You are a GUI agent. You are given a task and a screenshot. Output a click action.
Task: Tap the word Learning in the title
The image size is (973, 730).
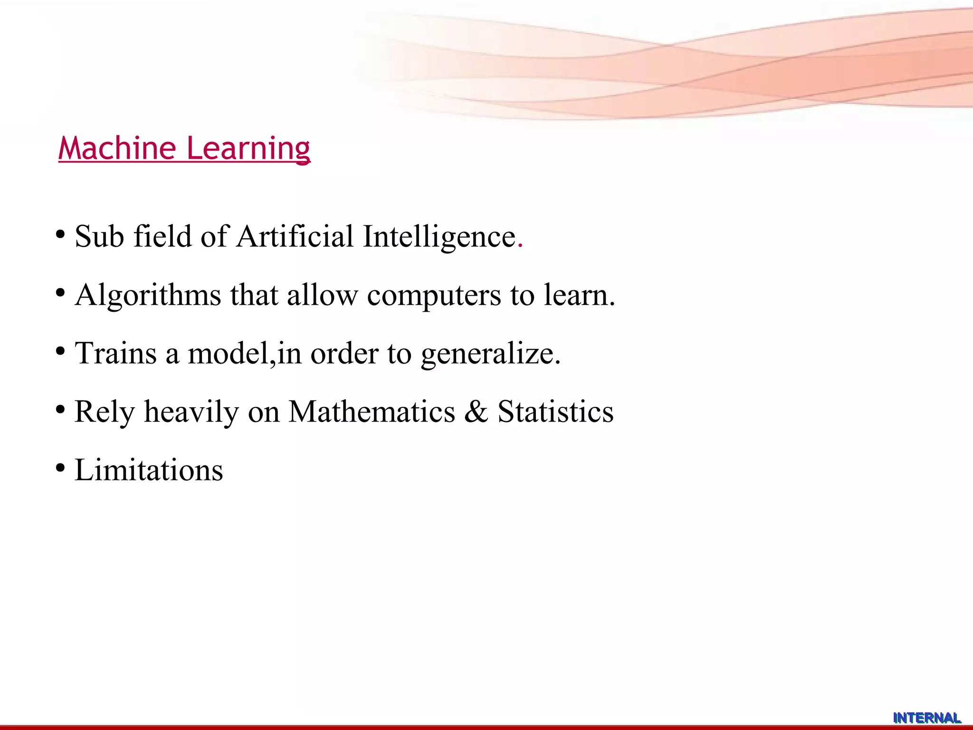248,149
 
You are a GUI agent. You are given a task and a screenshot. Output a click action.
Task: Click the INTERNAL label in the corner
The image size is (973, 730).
926,718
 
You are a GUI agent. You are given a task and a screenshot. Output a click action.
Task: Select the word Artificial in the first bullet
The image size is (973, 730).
295,236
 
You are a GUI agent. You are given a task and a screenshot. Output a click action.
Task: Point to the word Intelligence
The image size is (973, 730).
439,237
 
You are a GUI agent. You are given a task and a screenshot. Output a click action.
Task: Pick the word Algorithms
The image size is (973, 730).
148,296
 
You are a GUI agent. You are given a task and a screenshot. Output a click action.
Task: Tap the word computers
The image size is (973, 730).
434,296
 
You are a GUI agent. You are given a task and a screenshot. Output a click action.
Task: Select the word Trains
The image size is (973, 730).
115,353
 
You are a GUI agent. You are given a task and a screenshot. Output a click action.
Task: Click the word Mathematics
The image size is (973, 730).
372,411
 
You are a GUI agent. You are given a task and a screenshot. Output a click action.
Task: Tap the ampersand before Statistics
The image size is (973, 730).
476,412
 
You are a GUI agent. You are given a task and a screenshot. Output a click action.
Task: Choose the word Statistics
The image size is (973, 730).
555,411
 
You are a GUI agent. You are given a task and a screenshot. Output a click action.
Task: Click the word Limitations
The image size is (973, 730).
149,470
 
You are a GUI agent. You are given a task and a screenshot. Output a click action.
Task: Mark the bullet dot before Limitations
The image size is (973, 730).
60,468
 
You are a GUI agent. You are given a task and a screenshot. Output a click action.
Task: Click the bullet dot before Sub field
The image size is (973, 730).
60,234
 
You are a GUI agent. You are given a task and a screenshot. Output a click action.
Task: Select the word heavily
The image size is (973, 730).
191,412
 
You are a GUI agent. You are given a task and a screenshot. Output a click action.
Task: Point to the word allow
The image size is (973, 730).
322,295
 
